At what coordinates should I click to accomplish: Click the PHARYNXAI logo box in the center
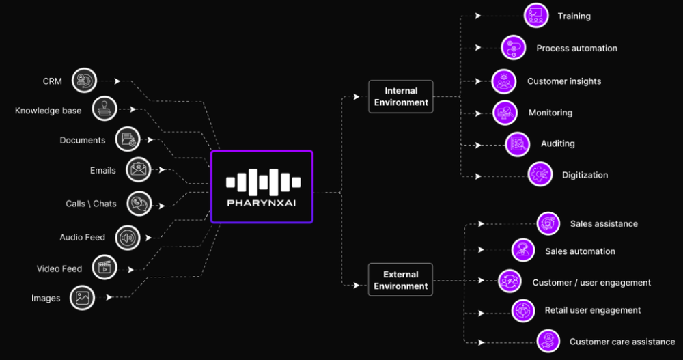(x=262, y=186)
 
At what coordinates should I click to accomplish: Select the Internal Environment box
(x=401, y=96)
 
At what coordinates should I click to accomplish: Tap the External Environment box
(x=401, y=280)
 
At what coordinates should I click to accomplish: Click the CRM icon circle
(x=85, y=81)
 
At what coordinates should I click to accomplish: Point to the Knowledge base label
(x=48, y=111)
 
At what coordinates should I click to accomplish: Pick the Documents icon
(x=128, y=139)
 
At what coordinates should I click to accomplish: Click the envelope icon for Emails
(x=139, y=169)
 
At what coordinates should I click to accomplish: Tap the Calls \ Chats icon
(x=139, y=203)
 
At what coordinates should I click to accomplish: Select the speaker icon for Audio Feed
(x=128, y=237)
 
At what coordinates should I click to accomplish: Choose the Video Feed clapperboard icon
(x=104, y=268)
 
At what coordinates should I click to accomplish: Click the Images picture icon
(x=83, y=298)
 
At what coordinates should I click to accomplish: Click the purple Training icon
(x=536, y=15)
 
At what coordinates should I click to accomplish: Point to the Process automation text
(x=576, y=49)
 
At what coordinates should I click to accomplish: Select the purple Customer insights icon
(x=504, y=81)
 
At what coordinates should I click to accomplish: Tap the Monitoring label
(x=550, y=113)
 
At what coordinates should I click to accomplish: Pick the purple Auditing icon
(x=517, y=143)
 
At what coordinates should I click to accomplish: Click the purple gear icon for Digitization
(x=540, y=174)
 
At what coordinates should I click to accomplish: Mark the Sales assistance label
(x=604, y=224)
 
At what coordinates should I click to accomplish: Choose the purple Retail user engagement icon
(x=523, y=310)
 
